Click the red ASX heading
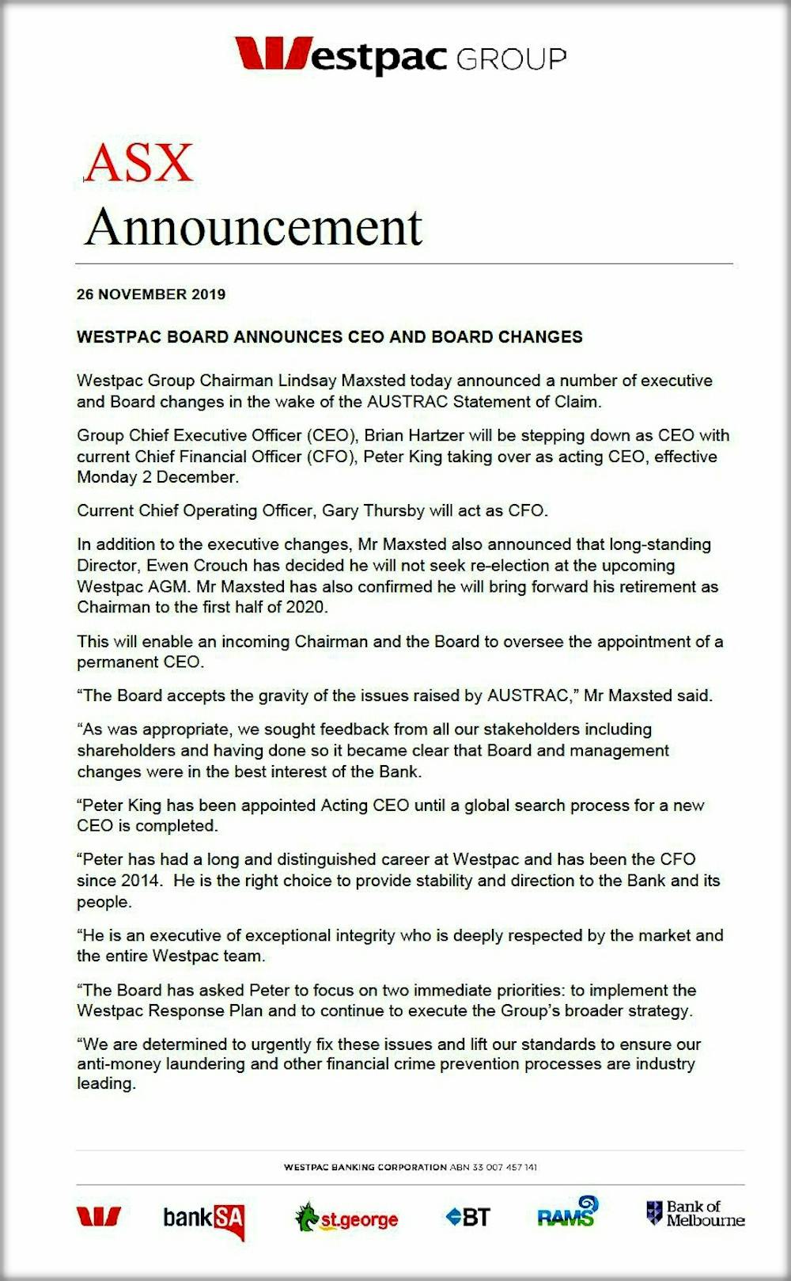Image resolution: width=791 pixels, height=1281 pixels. click(138, 163)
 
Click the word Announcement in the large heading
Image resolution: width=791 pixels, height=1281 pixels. click(253, 228)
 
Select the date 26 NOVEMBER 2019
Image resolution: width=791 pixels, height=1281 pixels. click(151, 294)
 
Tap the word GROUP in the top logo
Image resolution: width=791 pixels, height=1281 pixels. click(511, 59)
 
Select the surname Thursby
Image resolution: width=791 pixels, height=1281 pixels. click(394, 510)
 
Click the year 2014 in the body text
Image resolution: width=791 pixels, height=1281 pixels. click(140, 881)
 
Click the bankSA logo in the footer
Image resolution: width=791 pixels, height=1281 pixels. click(204, 1218)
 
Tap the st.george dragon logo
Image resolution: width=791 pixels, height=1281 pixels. click(346, 1218)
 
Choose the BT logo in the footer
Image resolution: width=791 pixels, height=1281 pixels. click(468, 1217)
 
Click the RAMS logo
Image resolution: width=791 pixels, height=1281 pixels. click(567, 1213)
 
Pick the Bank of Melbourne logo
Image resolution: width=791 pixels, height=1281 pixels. click(695, 1213)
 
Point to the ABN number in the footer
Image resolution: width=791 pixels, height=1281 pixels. click(494, 1167)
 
